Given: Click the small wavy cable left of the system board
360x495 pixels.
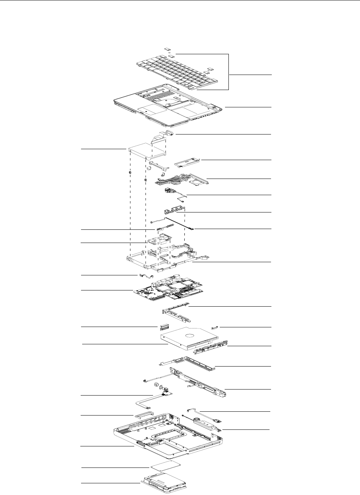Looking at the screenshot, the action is pos(146,277).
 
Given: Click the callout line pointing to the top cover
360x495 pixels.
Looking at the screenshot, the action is pos(248,107).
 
